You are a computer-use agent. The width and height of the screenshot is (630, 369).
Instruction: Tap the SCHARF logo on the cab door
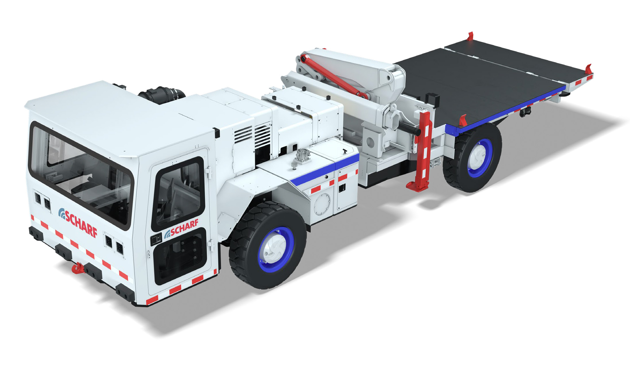click(x=181, y=229)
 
